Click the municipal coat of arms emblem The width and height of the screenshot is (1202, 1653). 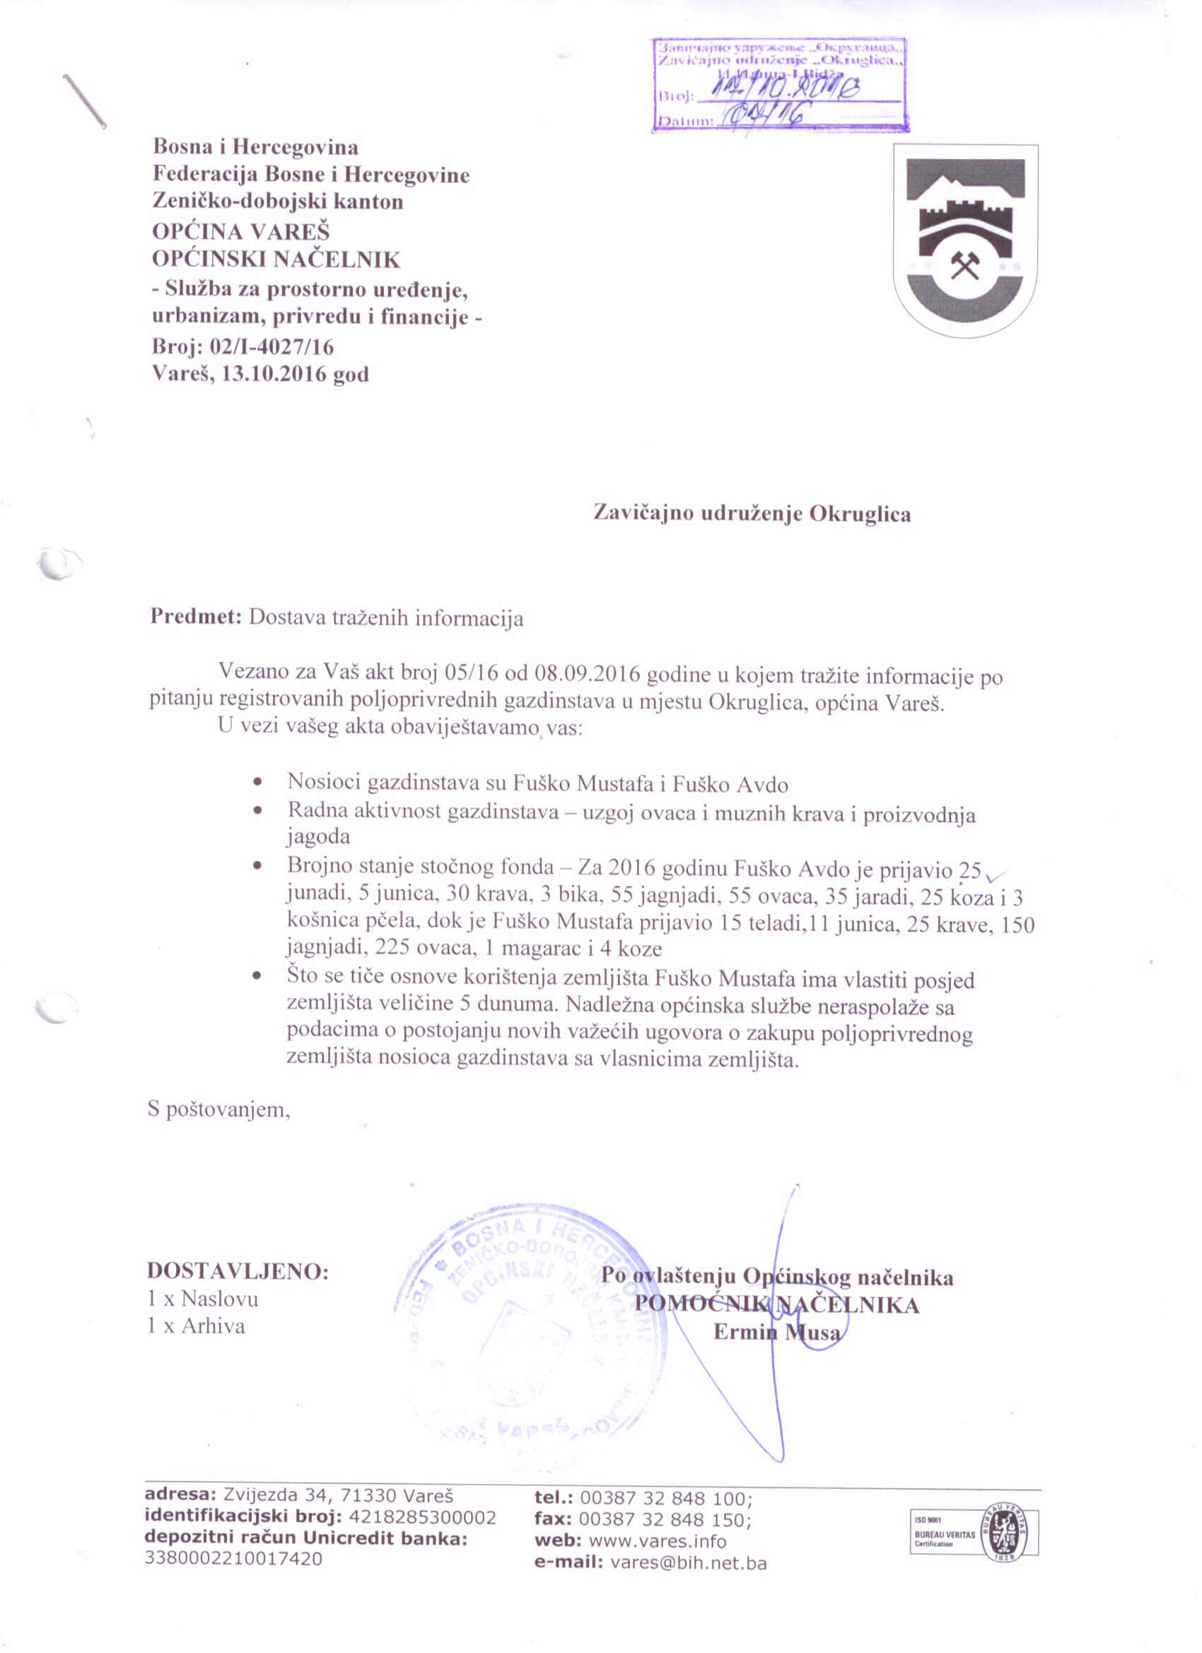pos(966,240)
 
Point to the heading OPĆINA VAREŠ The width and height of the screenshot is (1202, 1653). pos(240,232)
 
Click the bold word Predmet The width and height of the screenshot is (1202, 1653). pos(195,617)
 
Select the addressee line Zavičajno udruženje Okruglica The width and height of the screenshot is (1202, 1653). pos(752,514)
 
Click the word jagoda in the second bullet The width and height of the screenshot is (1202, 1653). pos(319,836)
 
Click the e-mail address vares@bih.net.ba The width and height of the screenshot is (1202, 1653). pos(688,1563)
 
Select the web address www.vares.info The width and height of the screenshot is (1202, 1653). pos(658,1541)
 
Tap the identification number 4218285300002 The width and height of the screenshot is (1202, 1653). pos(423,1518)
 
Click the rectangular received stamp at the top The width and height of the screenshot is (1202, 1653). pos(778,85)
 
